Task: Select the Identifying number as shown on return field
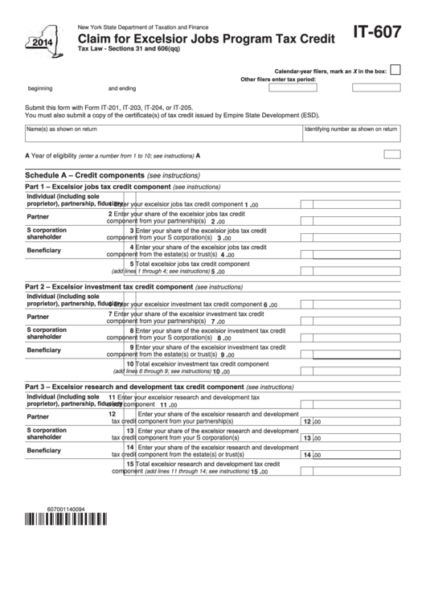350,137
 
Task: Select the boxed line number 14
306,454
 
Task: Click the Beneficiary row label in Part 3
43,451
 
